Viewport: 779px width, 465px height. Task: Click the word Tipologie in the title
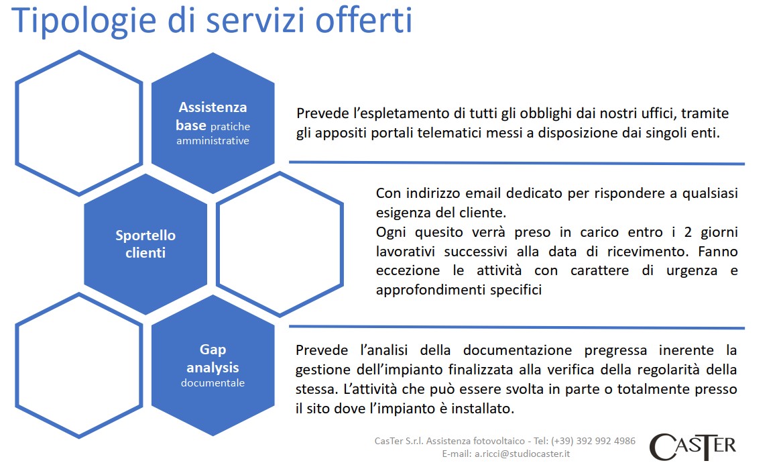(x=83, y=21)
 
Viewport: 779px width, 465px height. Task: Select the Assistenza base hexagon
(x=213, y=123)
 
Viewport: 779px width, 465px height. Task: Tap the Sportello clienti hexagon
(x=145, y=244)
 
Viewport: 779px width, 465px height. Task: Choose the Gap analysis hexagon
(x=213, y=365)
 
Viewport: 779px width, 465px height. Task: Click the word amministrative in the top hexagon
(x=213, y=141)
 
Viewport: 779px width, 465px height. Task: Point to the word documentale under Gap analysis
(x=213, y=383)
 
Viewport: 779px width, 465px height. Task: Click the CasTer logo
(x=693, y=447)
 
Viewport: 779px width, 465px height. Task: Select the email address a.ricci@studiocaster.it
(x=522, y=454)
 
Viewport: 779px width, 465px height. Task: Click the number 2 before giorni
(x=688, y=232)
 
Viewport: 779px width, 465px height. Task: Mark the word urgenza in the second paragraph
(x=692, y=271)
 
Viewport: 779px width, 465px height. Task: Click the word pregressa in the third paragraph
(x=615, y=351)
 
